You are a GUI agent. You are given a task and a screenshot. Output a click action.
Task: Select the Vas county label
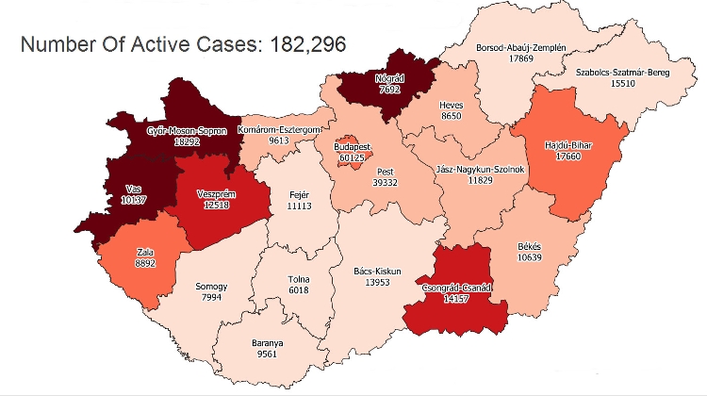(x=134, y=189)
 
